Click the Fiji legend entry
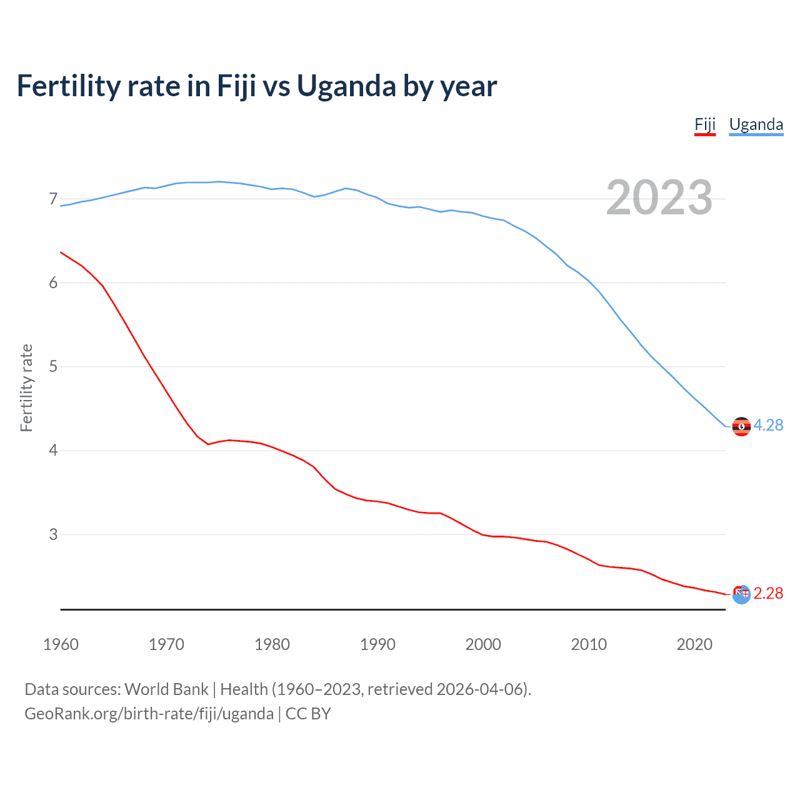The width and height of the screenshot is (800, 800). (705, 124)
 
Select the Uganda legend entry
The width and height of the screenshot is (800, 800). (756, 124)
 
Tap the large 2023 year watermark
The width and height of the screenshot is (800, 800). (659, 198)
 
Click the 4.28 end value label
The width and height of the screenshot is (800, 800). (768, 425)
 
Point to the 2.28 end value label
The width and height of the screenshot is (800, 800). (768, 593)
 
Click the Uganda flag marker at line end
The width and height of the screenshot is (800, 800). (741, 426)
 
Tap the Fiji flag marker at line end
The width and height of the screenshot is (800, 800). (741, 594)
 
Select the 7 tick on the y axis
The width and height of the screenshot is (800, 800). (53, 199)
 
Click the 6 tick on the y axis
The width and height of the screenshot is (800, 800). (53, 282)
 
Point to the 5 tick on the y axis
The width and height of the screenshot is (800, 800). (53, 366)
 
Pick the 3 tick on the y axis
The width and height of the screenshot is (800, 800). (53, 534)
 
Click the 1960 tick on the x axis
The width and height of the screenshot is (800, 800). (61, 644)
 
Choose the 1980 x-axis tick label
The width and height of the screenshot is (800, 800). (272, 644)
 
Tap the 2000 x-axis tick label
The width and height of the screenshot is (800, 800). (483, 644)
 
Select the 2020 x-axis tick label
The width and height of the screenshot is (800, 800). (694, 644)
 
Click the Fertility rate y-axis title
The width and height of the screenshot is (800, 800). (26, 387)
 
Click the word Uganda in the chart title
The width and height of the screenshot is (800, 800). (346, 86)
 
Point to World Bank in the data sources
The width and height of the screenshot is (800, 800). (166, 689)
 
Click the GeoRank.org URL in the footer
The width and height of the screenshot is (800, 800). (149, 714)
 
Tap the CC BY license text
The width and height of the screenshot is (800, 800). (308, 714)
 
